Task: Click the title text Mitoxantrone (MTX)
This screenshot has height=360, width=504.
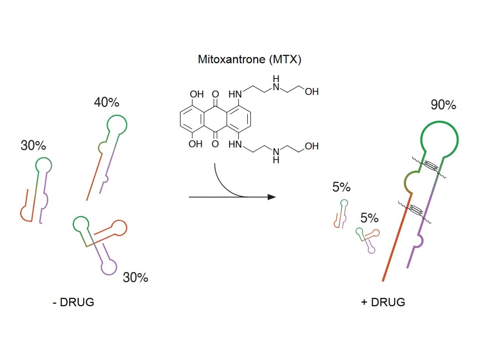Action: (249, 59)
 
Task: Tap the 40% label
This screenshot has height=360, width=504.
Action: (107, 102)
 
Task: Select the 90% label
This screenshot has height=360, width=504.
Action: (443, 105)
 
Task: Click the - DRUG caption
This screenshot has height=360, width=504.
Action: (73, 302)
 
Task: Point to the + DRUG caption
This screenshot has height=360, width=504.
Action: (383, 302)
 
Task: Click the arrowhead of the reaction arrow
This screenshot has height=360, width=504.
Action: (272, 197)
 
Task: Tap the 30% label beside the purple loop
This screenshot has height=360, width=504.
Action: (135, 277)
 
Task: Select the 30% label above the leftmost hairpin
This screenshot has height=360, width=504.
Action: (33, 146)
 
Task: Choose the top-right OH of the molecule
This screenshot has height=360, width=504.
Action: (312, 92)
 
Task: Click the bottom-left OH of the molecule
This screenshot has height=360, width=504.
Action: (195, 144)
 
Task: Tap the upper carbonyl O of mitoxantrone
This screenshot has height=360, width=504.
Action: (215, 94)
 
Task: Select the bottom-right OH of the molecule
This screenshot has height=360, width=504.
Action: (312, 146)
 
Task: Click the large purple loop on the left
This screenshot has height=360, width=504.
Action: (109, 267)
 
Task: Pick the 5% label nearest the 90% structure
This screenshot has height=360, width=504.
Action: (369, 218)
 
